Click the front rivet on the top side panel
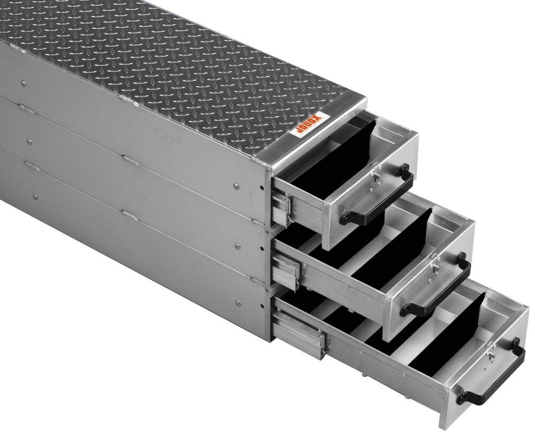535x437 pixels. [x=236, y=186]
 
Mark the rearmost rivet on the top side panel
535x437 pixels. [x=23, y=83]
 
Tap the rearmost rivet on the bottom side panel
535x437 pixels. [x=35, y=197]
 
